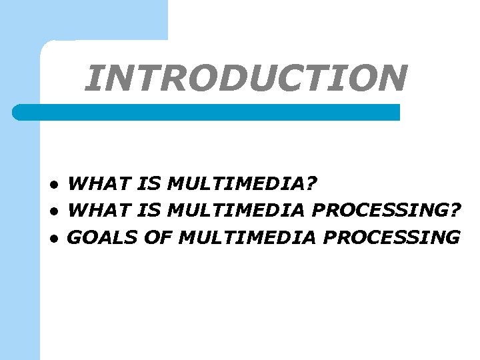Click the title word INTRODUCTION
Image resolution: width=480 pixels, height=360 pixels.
(246, 78)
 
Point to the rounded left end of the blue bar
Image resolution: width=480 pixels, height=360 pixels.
(19, 112)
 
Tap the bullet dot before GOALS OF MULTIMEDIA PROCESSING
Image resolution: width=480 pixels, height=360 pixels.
(59, 238)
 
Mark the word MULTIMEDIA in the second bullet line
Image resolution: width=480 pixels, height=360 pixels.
(237, 210)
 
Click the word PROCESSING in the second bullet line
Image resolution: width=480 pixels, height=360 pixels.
(379, 210)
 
